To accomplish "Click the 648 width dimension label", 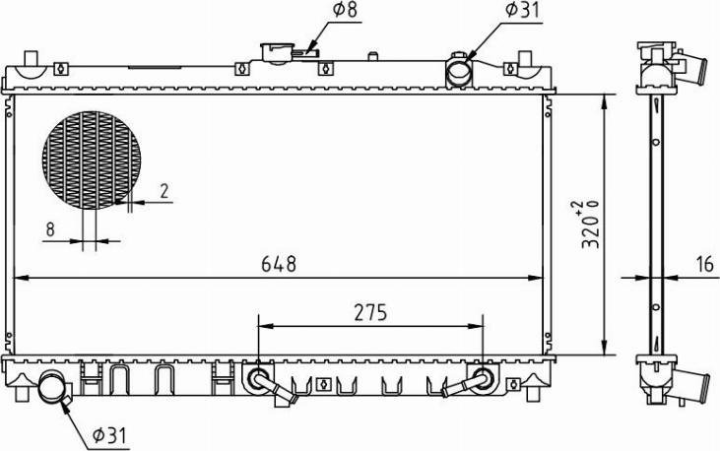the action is coord(279,264).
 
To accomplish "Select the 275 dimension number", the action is coord(370,313).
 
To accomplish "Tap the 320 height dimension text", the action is coord(591,225).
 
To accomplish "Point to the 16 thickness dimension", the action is coord(705,265).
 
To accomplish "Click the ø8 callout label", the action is coord(345,10).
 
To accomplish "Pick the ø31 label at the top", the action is coord(522,10).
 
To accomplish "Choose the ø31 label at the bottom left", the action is coord(109,434).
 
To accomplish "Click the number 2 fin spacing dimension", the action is coord(164,191).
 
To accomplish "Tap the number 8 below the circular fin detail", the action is coord(50,229).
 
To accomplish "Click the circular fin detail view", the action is coord(92,160).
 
